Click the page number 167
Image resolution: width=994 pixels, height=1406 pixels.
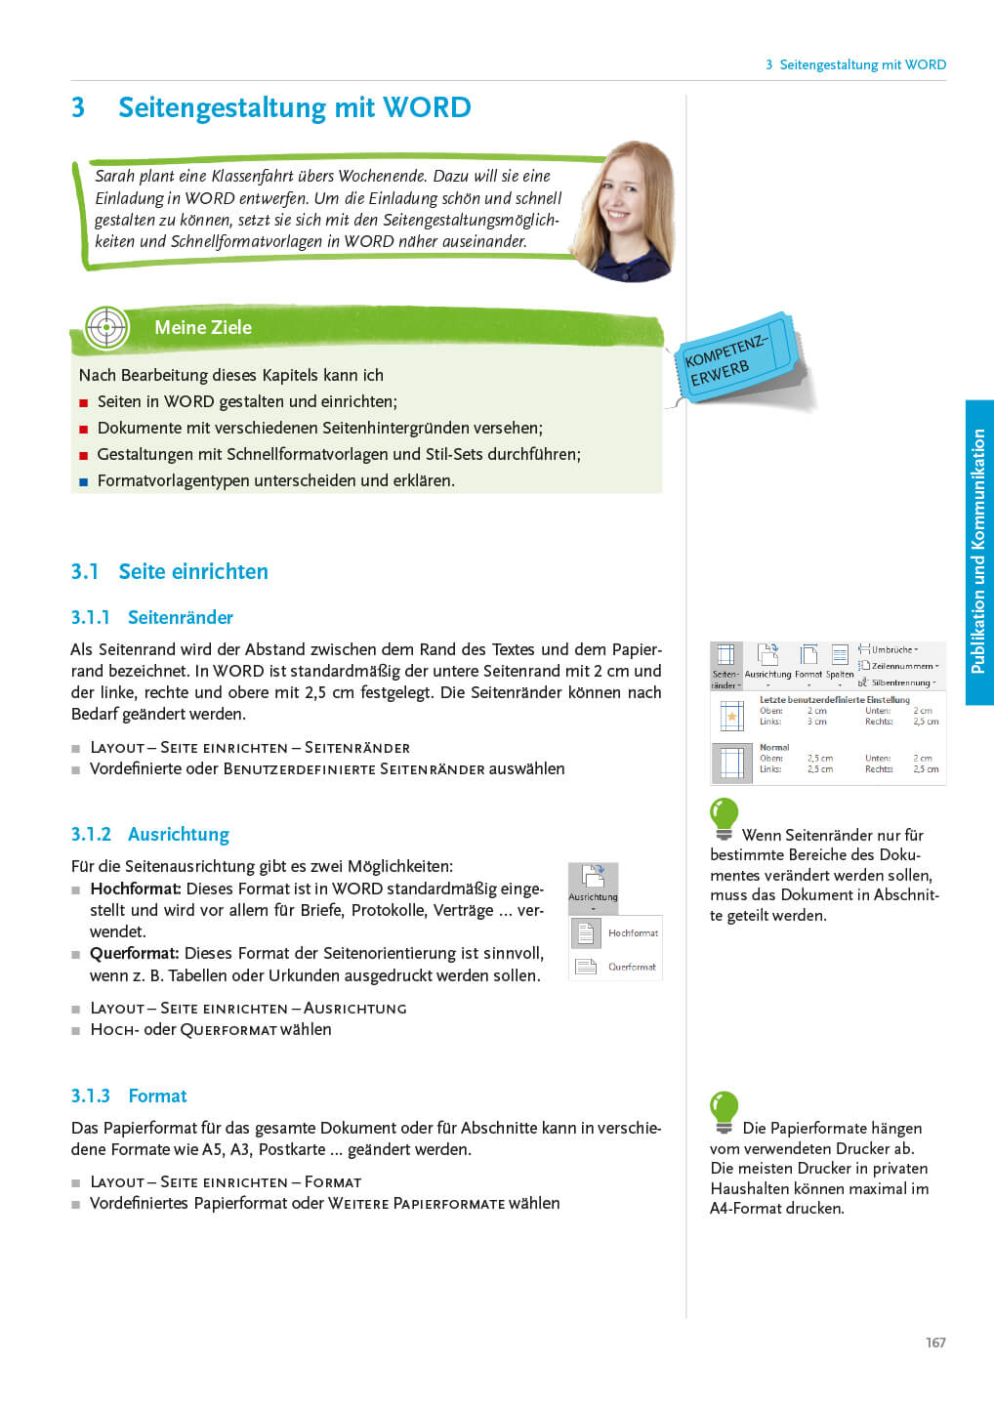tap(935, 1343)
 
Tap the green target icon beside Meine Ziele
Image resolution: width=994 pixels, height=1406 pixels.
tap(106, 328)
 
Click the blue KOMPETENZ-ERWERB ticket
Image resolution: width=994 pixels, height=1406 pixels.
tap(737, 360)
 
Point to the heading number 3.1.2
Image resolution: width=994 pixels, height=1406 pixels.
tap(91, 835)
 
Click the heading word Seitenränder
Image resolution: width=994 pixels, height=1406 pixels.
tap(181, 618)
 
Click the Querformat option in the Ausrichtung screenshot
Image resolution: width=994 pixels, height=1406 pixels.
tap(631, 967)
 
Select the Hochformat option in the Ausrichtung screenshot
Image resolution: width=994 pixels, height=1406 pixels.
tap(632, 933)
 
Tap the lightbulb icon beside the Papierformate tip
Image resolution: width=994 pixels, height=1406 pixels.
tap(724, 1111)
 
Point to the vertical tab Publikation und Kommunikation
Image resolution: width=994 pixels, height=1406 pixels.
tap(978, 552)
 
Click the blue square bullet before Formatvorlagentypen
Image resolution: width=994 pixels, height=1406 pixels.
tap(84, 481)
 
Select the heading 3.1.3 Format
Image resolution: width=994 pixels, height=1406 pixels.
tap(129, 1096)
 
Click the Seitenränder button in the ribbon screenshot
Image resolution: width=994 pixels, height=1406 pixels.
tap(725, 665)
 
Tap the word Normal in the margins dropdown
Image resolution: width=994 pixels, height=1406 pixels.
tap(774, 747)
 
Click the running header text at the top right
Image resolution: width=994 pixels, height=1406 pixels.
tap(855, 65)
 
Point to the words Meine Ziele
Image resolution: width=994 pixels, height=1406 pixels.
tap(203, 328)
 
